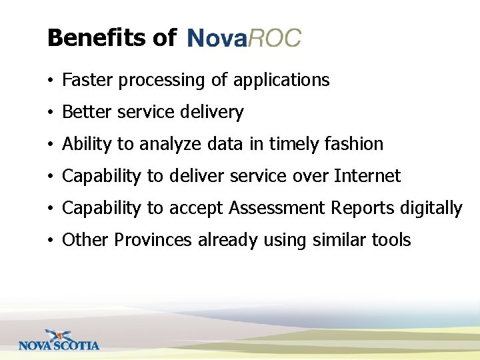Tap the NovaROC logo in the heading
(x=244, y=38)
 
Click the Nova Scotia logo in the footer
(x=59, y=340)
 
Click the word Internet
(x=367, y=176)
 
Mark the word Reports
(x=365, y=209)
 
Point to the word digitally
(x=431, y=209)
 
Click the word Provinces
(x=154, y=240)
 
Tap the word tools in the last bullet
(x=391, y=240)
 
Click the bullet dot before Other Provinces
(x=51, y=241)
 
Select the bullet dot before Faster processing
(x=51, y=81)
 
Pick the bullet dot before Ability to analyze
(x=51, y=145)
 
